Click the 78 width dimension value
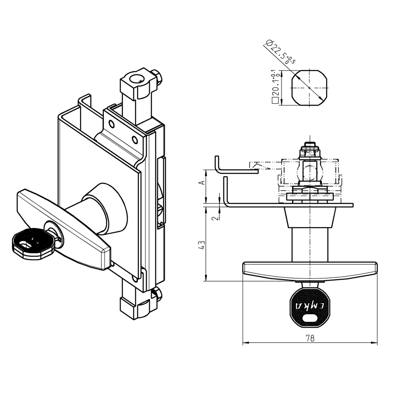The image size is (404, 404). point(310,339)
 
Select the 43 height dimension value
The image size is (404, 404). point(202,245)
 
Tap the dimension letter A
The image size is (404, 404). point(202,183)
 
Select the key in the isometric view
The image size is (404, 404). point(32,242)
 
